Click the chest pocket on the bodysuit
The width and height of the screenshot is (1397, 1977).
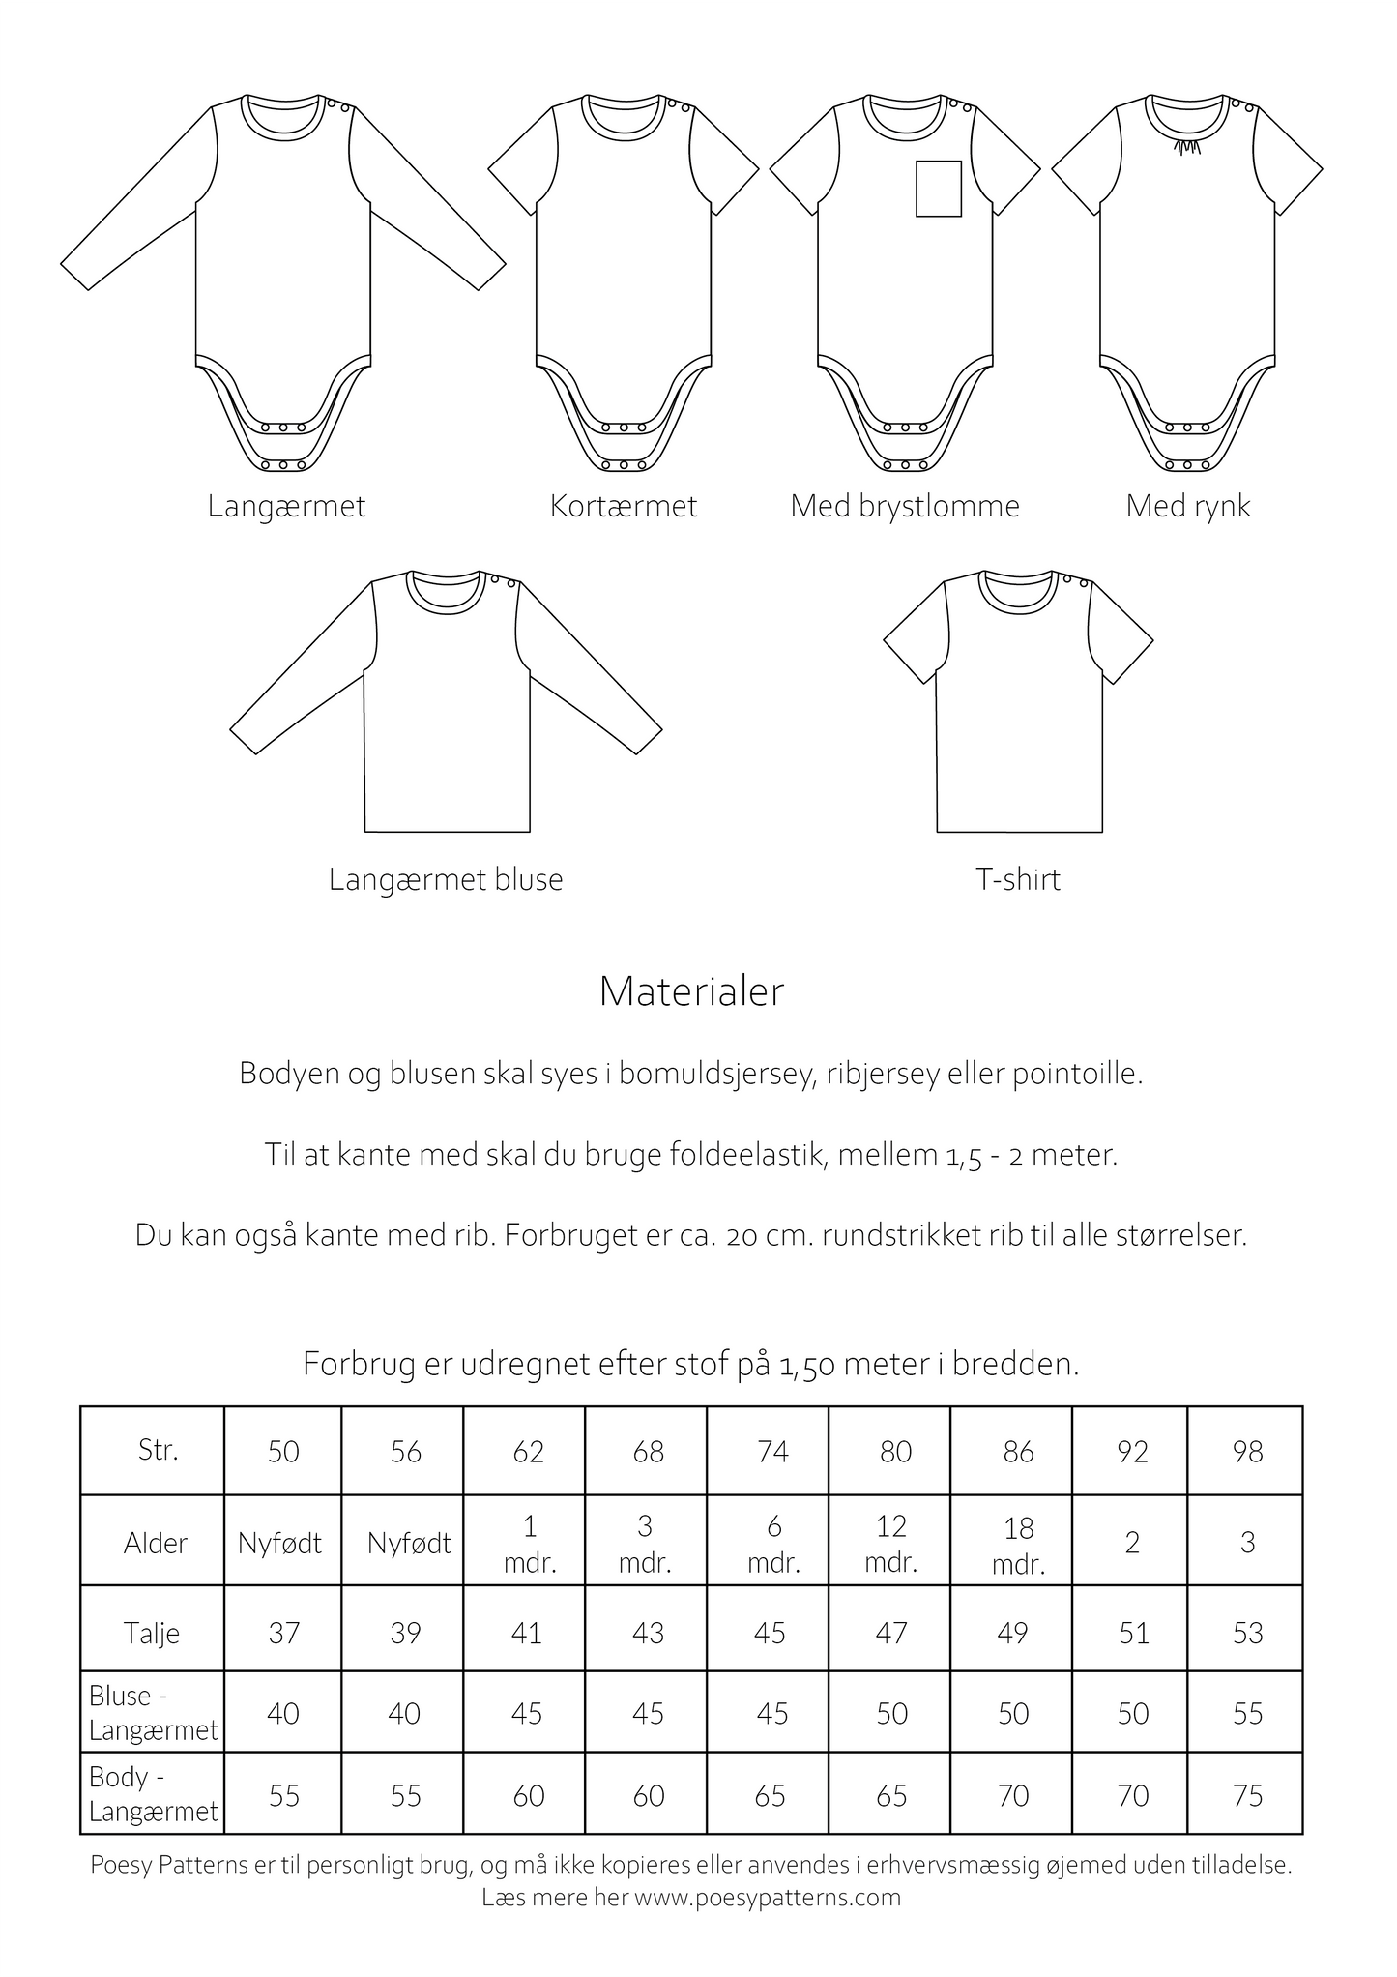938,188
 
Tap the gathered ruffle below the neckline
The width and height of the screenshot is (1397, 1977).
1183,145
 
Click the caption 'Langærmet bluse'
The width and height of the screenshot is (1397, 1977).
446,879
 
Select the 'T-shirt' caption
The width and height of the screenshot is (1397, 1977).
1018,879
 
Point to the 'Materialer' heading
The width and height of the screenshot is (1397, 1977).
691,992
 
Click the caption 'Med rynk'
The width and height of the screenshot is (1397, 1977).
1187,506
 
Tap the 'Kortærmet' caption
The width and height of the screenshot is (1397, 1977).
624,506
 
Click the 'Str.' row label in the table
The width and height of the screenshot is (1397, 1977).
159,1450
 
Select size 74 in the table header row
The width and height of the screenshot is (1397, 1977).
772,1452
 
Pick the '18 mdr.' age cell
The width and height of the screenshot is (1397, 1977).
1019,1545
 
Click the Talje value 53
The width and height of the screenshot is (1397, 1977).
1247,1634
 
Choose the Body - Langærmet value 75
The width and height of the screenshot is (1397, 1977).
1247,1796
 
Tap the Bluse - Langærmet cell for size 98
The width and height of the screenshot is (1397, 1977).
1247,1714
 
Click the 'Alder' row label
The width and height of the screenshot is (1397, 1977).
156,1543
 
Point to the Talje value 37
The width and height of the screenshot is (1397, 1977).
283,1634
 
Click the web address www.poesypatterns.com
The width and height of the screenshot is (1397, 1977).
768,1897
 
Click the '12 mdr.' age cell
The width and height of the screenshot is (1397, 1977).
891,1543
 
